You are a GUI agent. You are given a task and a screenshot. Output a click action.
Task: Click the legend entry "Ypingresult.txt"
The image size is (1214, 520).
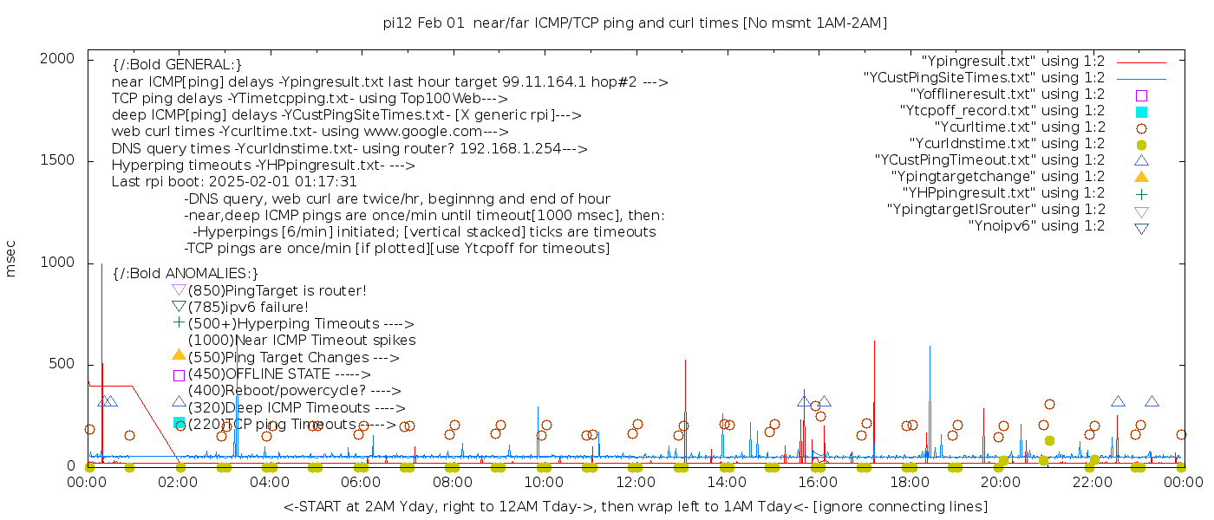click(x=1013, y=62)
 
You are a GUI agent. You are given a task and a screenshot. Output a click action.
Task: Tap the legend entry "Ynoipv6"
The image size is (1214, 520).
click(x=1036, y=226)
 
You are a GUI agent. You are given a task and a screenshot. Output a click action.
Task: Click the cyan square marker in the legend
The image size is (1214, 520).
click(x=1141, y=112)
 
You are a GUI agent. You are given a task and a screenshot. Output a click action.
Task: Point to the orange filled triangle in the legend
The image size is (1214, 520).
click(x=1141, y=177)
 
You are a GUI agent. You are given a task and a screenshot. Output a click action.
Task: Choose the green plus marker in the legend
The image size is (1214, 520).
click(x=1141, y=193)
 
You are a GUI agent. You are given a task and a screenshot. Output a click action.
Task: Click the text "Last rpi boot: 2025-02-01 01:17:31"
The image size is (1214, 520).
click(x=234, y=182)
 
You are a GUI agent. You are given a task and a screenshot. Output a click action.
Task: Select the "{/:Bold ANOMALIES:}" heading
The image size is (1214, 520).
click(x=186, y=273)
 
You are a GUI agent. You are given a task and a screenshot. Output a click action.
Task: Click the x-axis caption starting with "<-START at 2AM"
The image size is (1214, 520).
click(x=635, y=506)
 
